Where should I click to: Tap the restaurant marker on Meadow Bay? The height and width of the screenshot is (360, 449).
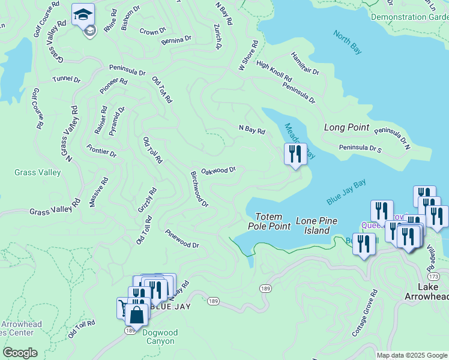click(x=295, y=155)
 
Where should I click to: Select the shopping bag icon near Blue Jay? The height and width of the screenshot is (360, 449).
click(x=137, y=314)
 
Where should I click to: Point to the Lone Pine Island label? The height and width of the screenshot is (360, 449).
click(x=313, y=226)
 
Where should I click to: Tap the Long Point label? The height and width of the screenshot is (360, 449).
click(x=346, y=127)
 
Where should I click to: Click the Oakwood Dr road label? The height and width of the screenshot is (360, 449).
click(x=218, y=170)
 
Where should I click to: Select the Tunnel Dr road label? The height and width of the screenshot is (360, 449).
click(x=66, y=79)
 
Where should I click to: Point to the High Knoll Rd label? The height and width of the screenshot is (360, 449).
click(x=274, y=71)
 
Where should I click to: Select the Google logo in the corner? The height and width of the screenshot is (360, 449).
click(x=19, y=353)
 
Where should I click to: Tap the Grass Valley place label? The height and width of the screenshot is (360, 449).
click(x=37, y=173)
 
